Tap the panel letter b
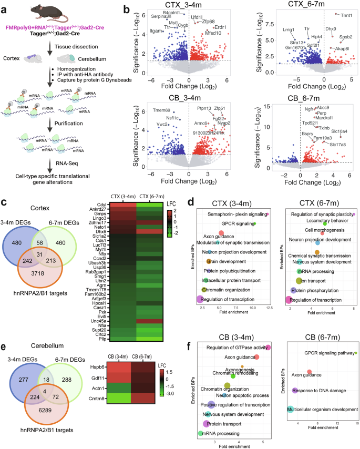click(x=126, y=9)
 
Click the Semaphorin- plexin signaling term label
click(x=237, y=215)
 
